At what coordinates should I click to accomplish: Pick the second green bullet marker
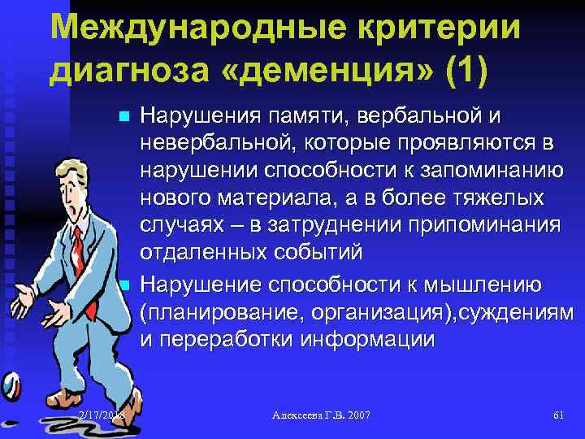(x=123, y=285)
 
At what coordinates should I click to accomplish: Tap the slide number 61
(x=558, y=415)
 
